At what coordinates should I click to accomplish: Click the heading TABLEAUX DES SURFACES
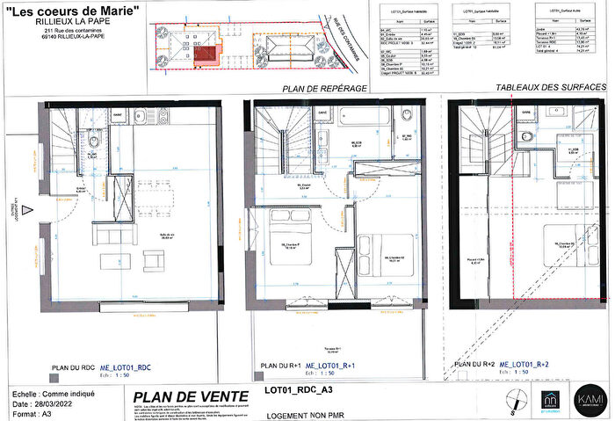click(x=550, y=88)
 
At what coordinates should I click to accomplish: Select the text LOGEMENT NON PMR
click(x=302, y=409)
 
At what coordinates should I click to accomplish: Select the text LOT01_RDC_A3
click(x=300, y=387)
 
